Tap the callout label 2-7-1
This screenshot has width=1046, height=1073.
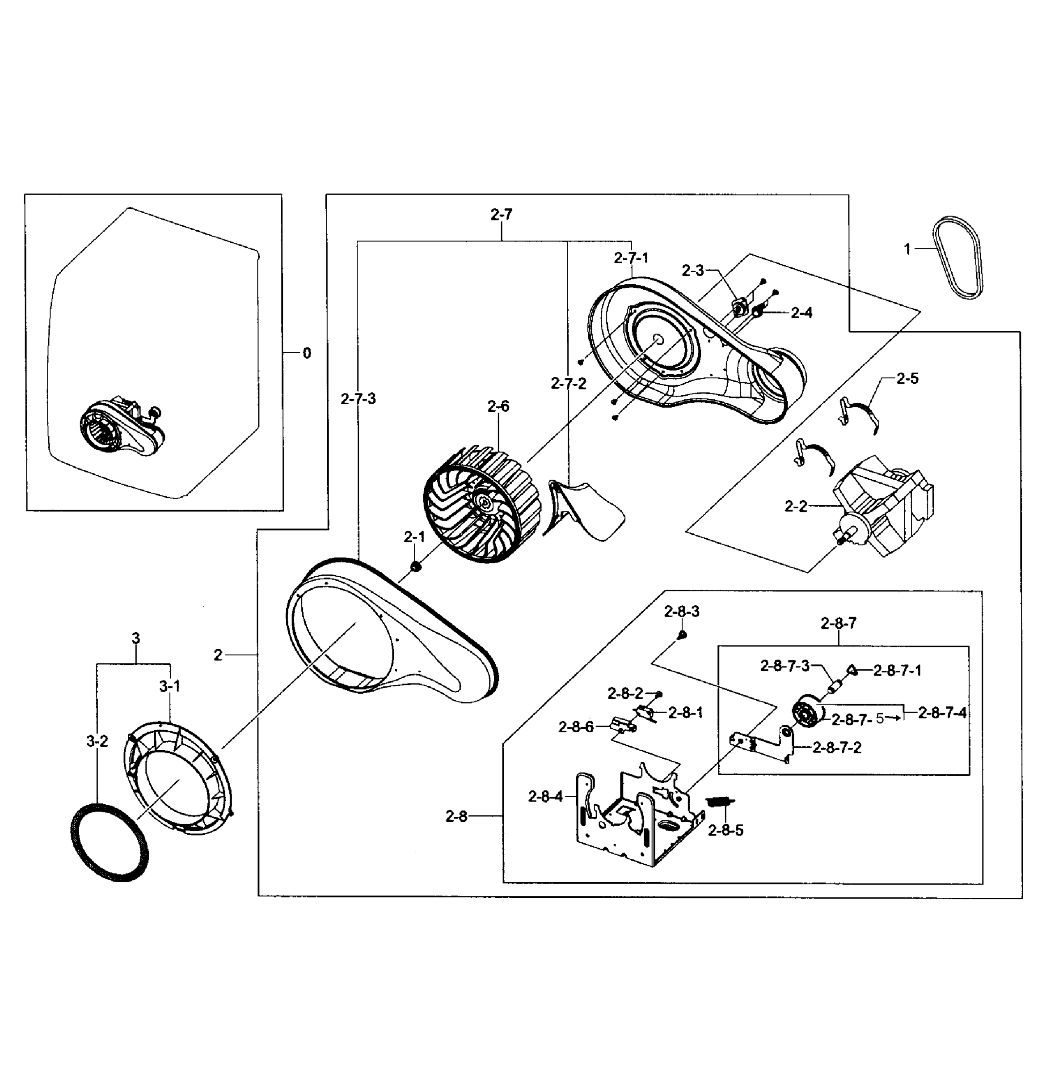click(631, 258)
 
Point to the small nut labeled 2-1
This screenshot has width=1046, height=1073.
click(416, 566)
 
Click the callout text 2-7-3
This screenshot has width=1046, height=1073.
click(358, 399)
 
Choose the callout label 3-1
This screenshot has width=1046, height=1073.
click(170, 686)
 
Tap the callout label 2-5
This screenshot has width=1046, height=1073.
click(907, 379)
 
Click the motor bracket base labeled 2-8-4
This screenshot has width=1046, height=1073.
click(637, 821)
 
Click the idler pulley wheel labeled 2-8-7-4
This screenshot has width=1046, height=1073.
click(808, 714)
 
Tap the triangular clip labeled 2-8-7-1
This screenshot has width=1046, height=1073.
click(852, 669)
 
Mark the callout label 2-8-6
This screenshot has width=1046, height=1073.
click(576, 727)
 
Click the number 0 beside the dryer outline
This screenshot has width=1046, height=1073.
click(307, 353)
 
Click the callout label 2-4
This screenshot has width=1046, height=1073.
click(801, 313)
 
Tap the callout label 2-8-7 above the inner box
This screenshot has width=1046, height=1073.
click(838, 624)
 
